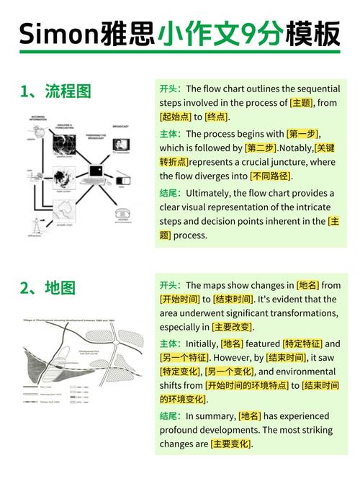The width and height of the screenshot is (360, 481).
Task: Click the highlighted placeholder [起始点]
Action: tap(175, 117)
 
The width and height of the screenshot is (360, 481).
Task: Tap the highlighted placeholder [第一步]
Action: tap(302, 134)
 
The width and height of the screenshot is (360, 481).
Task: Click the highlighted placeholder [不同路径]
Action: tap(271, 176)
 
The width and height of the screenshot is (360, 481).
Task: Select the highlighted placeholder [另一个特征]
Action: tap(184, 357)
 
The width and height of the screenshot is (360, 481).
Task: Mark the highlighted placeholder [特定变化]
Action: tap(180, 372)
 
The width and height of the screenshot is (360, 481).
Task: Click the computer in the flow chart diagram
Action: tap(96, 171)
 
